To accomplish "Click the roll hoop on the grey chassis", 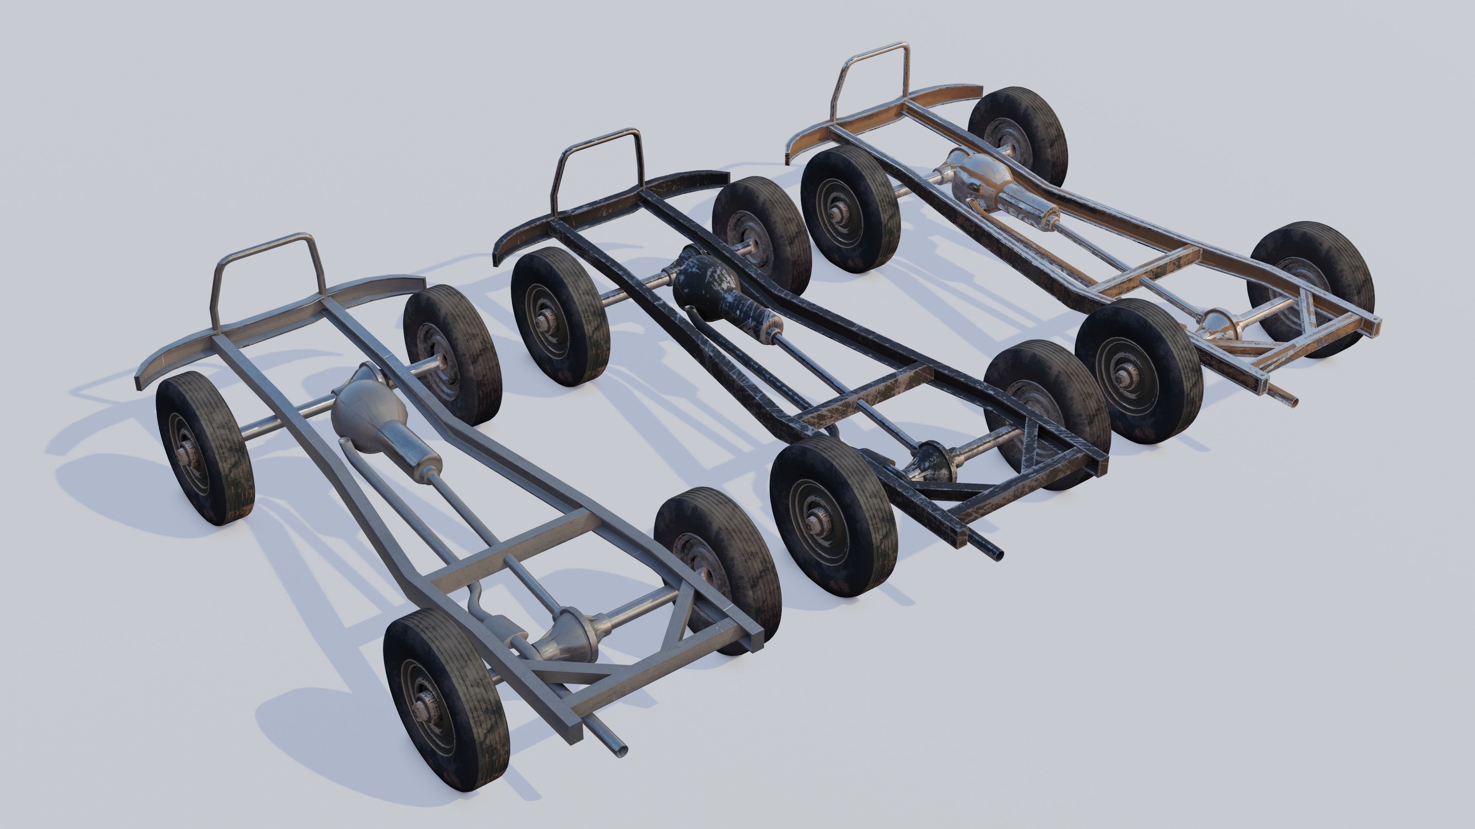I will (265, 241).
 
